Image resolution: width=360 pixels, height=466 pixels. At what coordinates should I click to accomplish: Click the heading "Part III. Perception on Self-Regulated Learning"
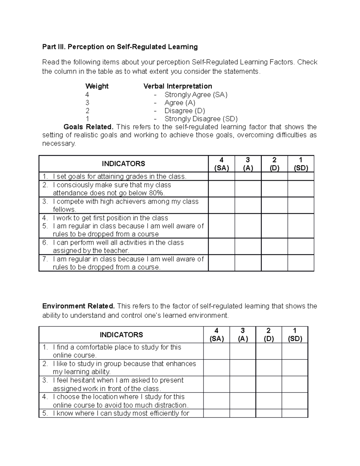tap(120, 47)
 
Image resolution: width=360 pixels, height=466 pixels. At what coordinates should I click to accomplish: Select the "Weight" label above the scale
tap(97, 86)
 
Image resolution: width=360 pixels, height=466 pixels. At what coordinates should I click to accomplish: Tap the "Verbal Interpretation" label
tap(178, 86)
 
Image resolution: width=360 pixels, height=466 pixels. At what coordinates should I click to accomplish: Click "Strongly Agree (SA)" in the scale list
tap(196, 95)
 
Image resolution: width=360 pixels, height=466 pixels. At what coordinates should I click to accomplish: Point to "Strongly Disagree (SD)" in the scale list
tap(201, 119)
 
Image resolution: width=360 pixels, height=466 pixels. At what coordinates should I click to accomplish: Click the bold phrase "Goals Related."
tap(89, 127)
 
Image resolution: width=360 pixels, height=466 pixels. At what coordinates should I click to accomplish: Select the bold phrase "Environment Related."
tap(78, 306)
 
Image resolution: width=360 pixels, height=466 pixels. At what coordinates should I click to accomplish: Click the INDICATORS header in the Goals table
tap(123, 164)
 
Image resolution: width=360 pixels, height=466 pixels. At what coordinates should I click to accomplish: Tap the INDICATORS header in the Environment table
tap(121, 335)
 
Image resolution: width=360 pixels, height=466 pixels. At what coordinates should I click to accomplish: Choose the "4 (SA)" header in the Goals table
tap(221, 164)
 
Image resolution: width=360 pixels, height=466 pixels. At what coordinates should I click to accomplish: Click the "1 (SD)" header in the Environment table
tap(295, 335)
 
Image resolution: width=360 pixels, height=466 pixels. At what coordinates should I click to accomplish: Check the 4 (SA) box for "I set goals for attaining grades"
tap(221, 176)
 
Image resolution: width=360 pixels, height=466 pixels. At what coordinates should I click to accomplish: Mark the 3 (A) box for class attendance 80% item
tap(248, 189)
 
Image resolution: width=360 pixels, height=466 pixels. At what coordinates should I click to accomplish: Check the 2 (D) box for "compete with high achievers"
tap(274, 205)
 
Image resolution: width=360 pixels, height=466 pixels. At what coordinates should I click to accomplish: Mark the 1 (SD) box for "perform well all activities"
tap(301, 246)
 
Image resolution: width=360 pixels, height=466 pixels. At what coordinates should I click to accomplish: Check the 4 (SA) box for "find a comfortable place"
tap(216, 351)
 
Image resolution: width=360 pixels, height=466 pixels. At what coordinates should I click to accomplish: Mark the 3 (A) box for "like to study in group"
tap(242, 368)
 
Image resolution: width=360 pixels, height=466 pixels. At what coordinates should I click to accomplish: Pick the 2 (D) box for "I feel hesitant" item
tap(268, 384)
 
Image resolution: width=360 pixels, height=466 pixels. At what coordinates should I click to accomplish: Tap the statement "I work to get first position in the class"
tap(110, 218)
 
